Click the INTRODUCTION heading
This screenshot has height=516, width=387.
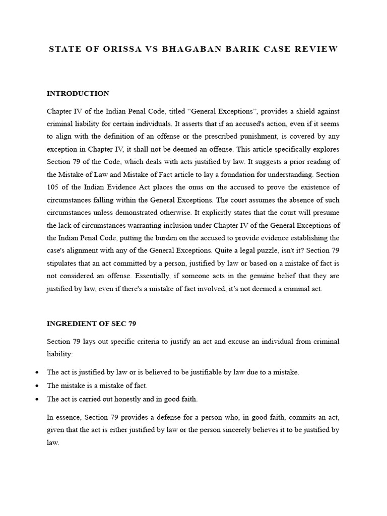[x=78, y=94]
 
